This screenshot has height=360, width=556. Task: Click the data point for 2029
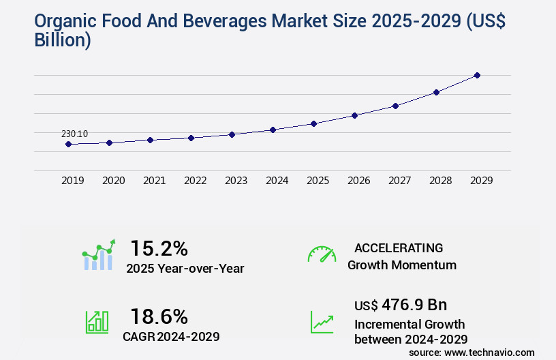tap(477, 75)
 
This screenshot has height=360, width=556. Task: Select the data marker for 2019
tap(68, 144)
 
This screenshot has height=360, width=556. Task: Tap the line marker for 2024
tap(273, 130)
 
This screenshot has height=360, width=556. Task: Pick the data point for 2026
tap(354, 115)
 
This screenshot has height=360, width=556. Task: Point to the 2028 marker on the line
tap(436, 92)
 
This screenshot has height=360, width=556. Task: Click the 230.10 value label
tap(74, 134)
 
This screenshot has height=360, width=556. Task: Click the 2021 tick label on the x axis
tap(154, 181)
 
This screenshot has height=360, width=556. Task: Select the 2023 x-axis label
tap(236, 181)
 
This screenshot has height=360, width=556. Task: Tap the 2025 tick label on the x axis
tap(318, 181)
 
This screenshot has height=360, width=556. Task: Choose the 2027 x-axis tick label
tap(399, 181)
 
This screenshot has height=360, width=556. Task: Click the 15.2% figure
tap(159, 248)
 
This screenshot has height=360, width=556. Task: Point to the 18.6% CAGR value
tap(159, 316)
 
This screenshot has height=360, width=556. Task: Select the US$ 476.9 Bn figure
tap(401, 304)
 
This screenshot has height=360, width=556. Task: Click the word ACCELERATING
tap(399, 248)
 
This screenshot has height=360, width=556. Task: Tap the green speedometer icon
tap(322, 254)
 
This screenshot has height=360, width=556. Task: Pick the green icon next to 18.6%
tap(97, 322)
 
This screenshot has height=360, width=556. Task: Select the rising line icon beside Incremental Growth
tap(322, 322)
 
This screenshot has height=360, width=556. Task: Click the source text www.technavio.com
tap(489, 352)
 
